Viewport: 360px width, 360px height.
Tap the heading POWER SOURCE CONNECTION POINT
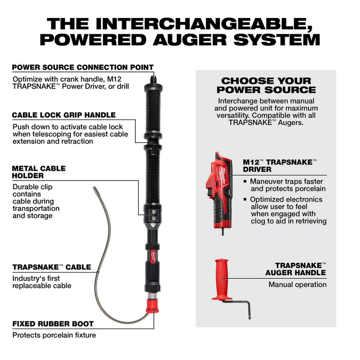coord(83,67)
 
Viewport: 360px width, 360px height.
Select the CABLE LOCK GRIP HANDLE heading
coord(64,115)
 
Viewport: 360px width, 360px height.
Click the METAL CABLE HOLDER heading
coord(39,172)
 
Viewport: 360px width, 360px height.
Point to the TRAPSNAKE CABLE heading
coord(51,267)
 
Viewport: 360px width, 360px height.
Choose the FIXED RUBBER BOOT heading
coord(53,324)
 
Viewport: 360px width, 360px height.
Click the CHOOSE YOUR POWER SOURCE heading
coord(266,85)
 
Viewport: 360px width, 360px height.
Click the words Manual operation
coord(297,284)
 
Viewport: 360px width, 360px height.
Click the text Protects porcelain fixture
coord(54,335)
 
